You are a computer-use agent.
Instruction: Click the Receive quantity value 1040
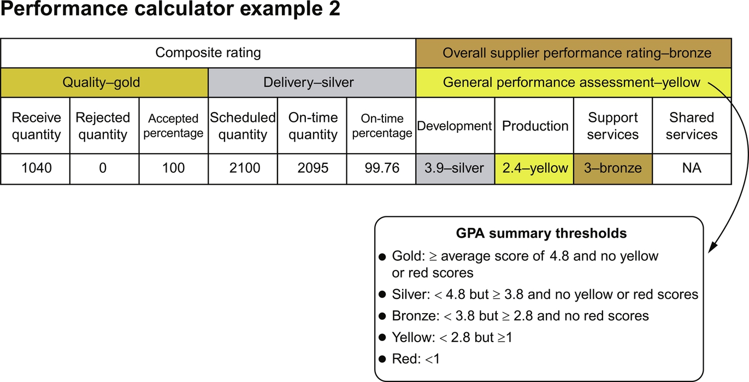pos(36,168)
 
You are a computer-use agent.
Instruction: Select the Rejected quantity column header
pos(103,126)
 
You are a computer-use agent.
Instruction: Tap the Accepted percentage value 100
pos(174,168)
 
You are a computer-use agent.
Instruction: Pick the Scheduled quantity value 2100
pos(243,168)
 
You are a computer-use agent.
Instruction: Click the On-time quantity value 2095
pos(312,168)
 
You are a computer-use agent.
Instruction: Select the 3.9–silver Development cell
pos(455,168)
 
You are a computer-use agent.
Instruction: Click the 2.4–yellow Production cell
pos(534,168)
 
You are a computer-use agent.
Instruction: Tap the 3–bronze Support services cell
pos(613,168)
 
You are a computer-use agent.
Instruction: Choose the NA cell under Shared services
pos(692,168)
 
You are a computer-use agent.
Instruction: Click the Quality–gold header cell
pos(104,83)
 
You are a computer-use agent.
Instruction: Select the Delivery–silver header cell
pos(312,83)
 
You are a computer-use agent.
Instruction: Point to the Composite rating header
pos(208,53)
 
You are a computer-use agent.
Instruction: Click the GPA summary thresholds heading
pos(541,233)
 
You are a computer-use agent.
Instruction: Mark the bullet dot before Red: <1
pos(382,360)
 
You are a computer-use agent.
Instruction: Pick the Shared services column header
pos(692,126)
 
